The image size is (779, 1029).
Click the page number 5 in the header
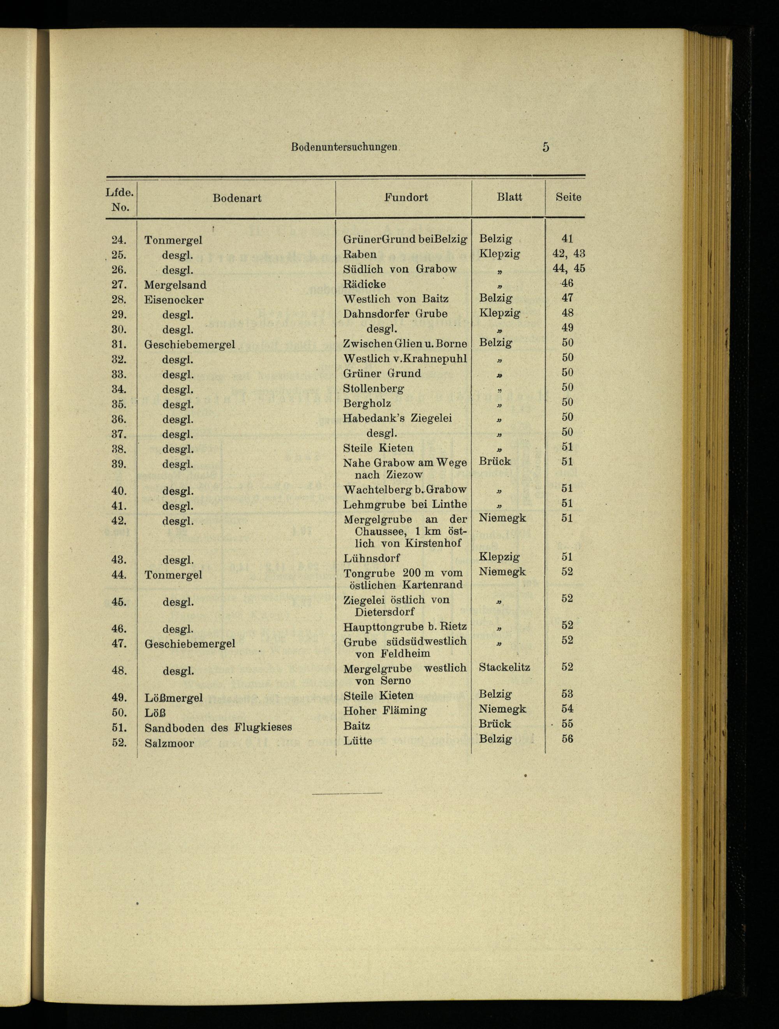coord(545,147)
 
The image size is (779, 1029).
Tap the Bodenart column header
coord(237,198)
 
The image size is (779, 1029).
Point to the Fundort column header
coord(406,197)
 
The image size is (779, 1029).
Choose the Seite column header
coord(568,197)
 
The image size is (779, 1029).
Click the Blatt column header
coord(509,197)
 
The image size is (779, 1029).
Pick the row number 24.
coord(119,240)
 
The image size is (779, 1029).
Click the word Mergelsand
coord(175,285)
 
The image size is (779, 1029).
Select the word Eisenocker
coord(174,300)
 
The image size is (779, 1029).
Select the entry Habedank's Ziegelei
coord(397,418)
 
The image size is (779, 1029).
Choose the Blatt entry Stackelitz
coord(504,667)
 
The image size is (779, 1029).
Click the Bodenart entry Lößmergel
coord(173,698)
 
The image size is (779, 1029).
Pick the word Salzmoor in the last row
coord(169,743)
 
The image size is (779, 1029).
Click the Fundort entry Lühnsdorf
coord(371,558)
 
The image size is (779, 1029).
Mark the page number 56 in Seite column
coord(567,739)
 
